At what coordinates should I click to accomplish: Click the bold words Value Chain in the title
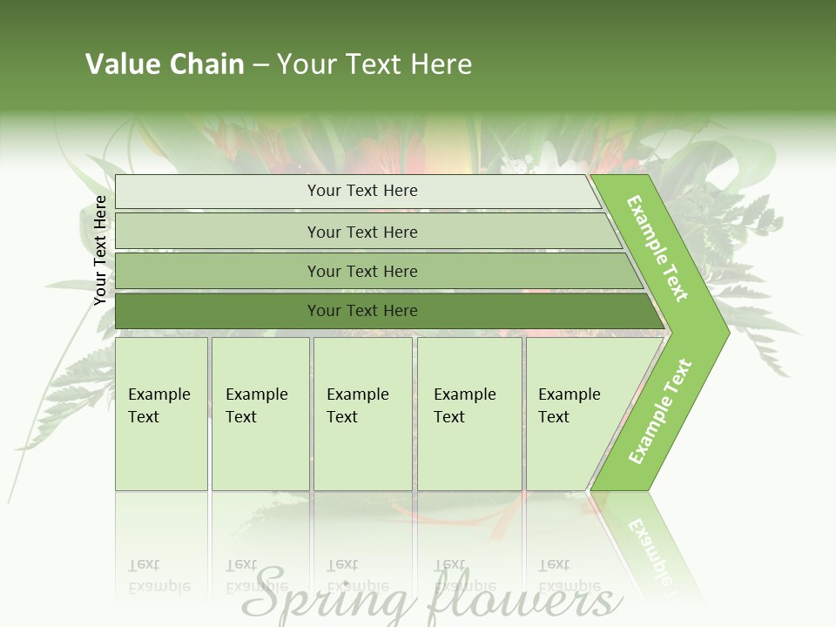point(165,64)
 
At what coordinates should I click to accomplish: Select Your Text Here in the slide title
point(374,64)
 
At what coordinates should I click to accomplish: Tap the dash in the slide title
point(260,65)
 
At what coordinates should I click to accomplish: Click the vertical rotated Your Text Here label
point(100,250)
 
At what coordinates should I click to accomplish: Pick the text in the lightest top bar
point(362,191)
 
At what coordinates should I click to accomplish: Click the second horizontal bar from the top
point(362,232)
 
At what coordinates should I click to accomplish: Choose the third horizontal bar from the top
point(362,272)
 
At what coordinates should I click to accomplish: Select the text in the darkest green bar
point(362,311)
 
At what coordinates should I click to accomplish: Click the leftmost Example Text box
point(160,406)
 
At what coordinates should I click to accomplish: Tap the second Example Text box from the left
point(259,406)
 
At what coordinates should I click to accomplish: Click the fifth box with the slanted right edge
point(571,406)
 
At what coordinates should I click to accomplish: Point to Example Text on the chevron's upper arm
point(657,248)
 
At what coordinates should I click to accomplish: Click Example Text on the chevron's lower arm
point(660,411)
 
